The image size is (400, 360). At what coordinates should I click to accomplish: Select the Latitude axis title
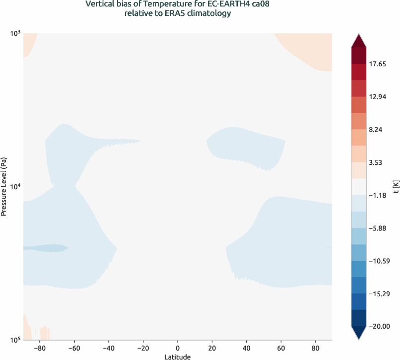coord(178,357)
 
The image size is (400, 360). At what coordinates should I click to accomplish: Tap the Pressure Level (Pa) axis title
coord(4,187)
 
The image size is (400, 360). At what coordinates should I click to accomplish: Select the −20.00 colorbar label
coord(380,326)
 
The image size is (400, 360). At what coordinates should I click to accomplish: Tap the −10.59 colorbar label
coord(380,261)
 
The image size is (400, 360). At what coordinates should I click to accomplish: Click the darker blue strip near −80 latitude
coord(45,247)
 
